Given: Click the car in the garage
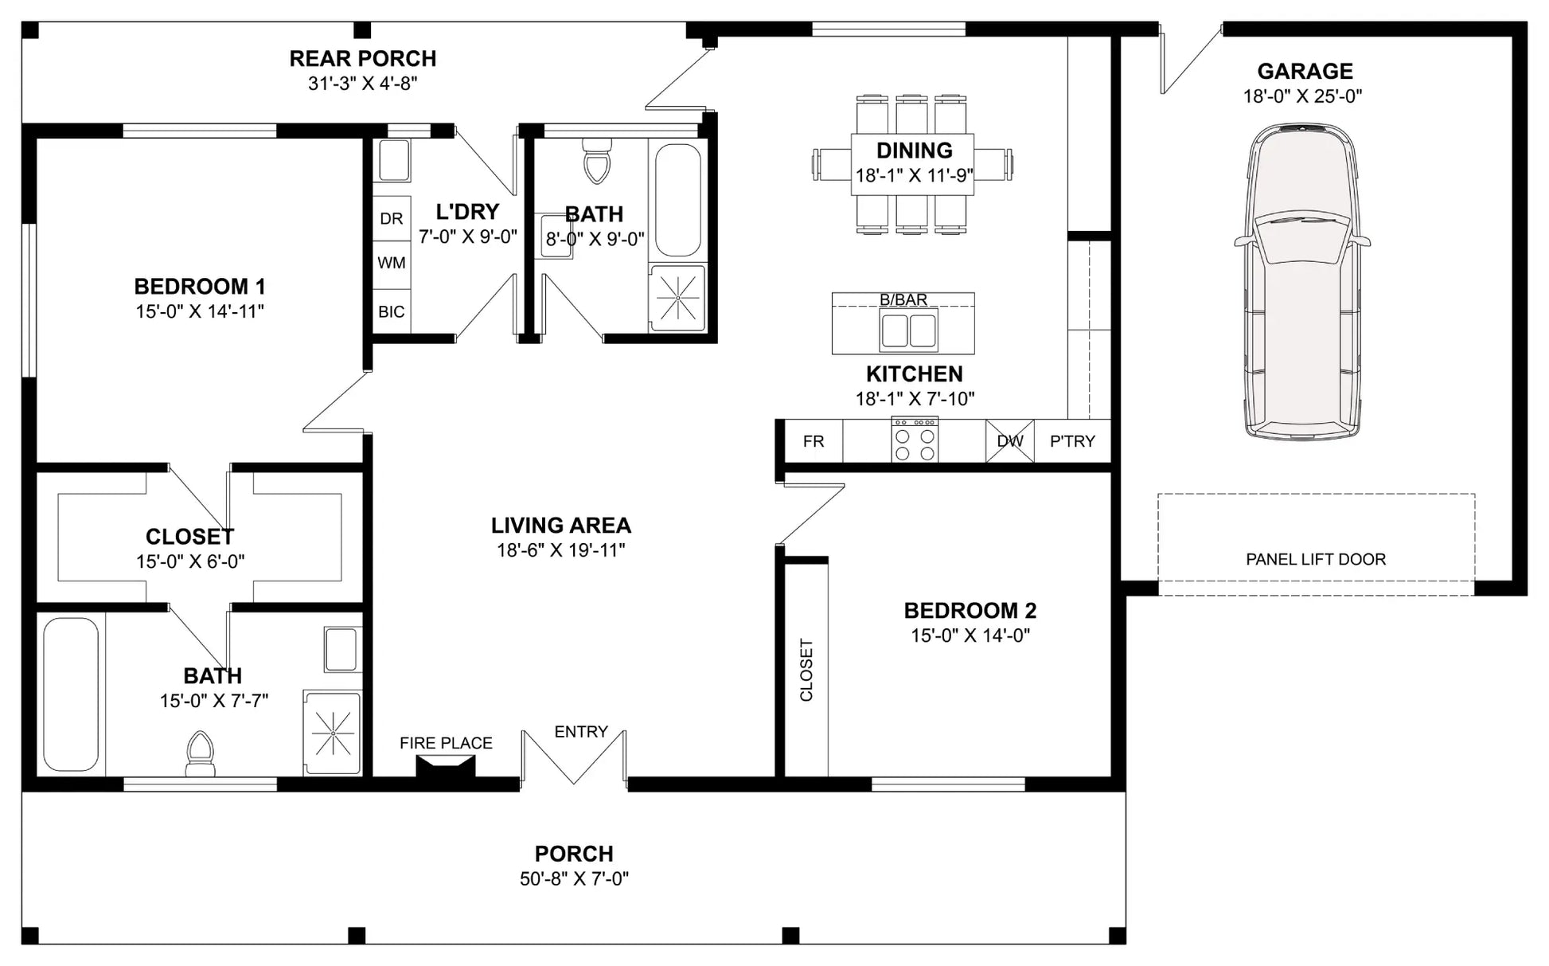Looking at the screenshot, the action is coord(1302,281).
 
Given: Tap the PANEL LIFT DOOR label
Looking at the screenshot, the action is coord(1316,559).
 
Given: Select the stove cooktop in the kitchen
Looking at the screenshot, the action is coord(915,439).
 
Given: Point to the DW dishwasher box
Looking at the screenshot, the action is coord(1010,441).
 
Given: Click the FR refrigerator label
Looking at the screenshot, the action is coord(814,441).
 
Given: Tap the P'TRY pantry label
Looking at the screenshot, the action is coord(1072,441).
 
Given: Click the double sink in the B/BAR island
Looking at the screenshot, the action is coord(908,330).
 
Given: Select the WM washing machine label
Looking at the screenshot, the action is coord(392,263).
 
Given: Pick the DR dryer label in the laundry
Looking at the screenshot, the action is coord(391,219).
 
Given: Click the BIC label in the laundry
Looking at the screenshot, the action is coord(392,312).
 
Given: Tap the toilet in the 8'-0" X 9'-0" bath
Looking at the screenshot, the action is coord(595,161).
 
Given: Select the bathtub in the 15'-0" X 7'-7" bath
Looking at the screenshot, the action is coord(71,694).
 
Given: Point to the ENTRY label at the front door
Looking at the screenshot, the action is coord(581,732).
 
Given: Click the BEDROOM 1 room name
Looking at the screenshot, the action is coord(200,287).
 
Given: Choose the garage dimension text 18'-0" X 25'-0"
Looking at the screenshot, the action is coord(1303,96).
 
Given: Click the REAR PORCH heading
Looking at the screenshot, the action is coord(363,59).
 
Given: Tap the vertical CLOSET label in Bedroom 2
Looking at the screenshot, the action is coord(806,670).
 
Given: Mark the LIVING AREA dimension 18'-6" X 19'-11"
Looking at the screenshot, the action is coord(561,550).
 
